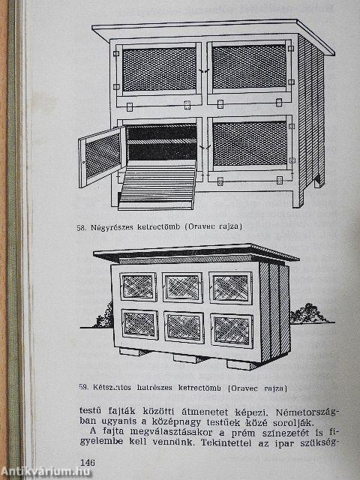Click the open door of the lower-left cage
pos(101,156)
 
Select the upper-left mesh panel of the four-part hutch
pos(158,69)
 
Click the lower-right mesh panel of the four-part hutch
pos(249,143)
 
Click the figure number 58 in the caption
pos(82,226)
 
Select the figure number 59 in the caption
pos(83,388)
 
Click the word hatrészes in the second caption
pos(157,388)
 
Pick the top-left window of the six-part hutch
pos(139,286)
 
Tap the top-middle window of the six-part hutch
pos(183,287)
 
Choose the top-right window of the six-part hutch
pos(230,288)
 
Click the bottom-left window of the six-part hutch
pos(139,324)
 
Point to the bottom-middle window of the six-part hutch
pos(184,327)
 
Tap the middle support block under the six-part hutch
pos(190,358)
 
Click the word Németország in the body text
pos(301,412)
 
